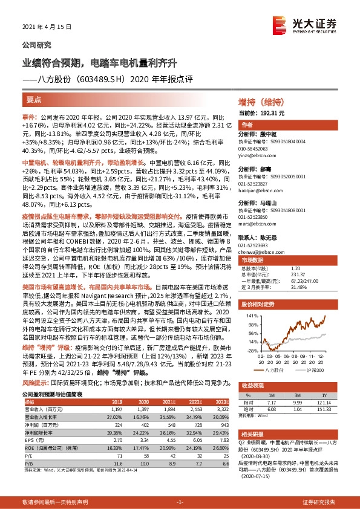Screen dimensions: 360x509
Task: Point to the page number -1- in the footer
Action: coord(180,502)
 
